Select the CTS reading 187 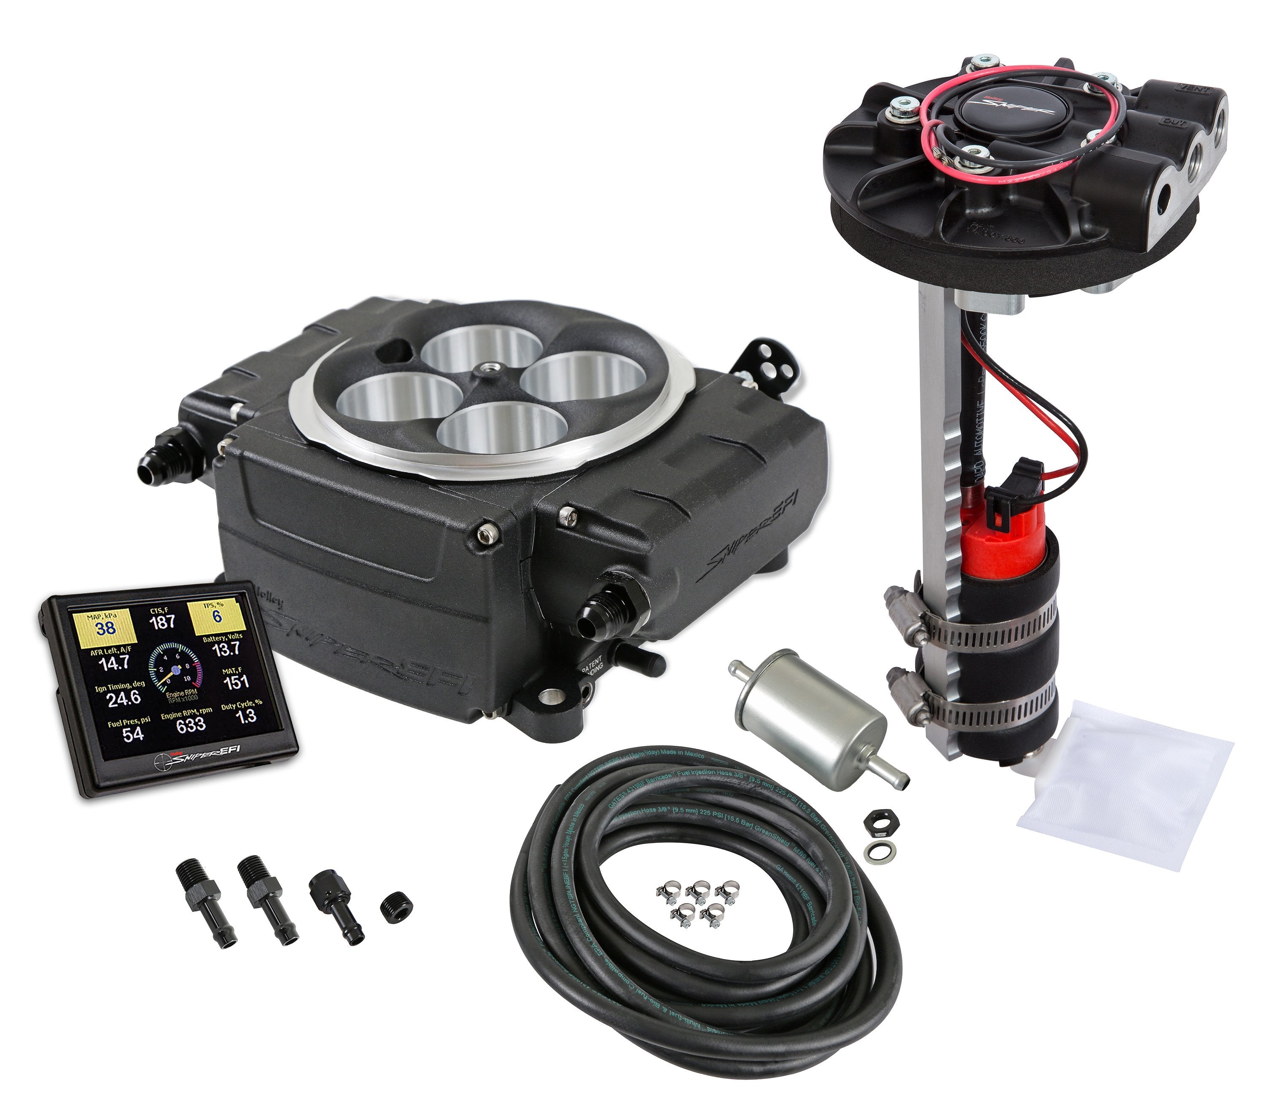[x=162, y=621]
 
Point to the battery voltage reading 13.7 [x=226, y=649]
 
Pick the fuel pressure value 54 [x=132, y=734]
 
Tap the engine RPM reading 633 [x=191, y=725]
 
